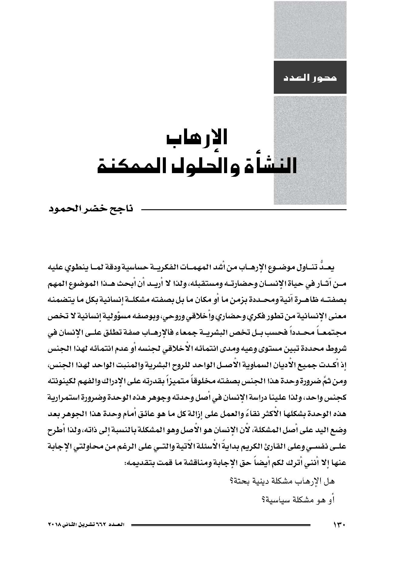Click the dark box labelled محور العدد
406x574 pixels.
tap(310, 77)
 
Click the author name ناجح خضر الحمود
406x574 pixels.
tap(91, 209)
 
